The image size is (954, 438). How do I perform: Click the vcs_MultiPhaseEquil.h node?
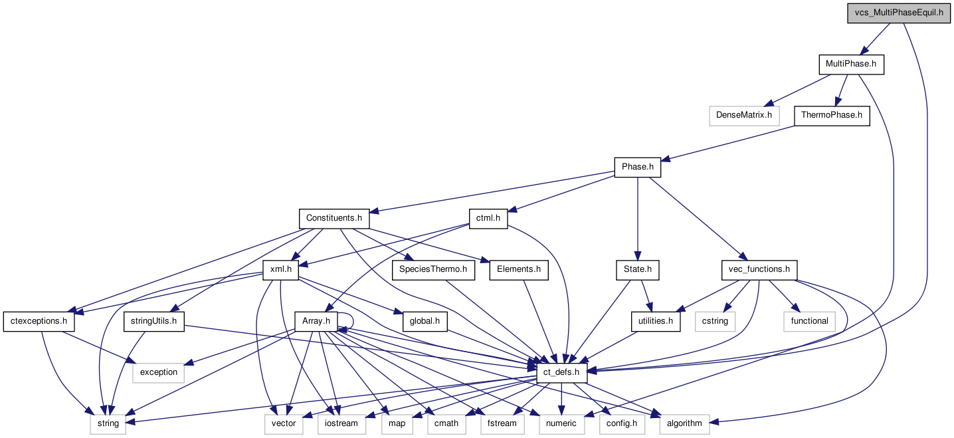coord(898,13)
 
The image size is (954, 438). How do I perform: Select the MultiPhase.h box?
coord(851,65)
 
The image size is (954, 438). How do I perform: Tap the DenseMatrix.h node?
coord(744,115)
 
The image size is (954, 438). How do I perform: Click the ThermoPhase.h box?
coord(831,115)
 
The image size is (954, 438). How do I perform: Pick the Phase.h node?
coord(638,167)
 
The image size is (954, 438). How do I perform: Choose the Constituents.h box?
coord(334,218)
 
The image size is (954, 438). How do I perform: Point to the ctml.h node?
coord(488,218)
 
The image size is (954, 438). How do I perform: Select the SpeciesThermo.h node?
coord(432,270)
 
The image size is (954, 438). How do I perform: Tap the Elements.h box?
coord(519,270)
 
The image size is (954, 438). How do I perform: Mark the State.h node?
coord(638,270)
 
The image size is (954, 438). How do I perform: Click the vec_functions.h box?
coord(759,270)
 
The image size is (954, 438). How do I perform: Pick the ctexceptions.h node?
coord(39,321)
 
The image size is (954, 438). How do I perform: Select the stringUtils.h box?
coord(154,321)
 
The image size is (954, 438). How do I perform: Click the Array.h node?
coord(316,321)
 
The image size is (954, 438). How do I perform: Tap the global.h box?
coord(425,321)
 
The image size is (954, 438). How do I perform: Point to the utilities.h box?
coord(655,321)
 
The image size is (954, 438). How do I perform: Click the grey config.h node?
coord(622,423)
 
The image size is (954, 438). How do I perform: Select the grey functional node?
coord(809,321)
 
